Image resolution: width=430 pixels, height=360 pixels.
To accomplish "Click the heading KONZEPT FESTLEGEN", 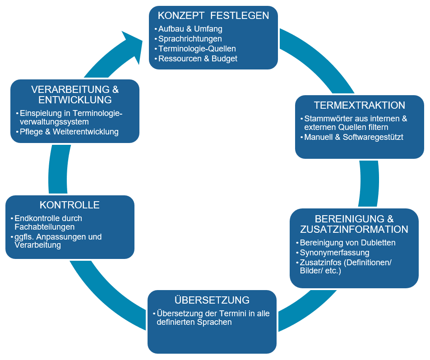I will point(213,16).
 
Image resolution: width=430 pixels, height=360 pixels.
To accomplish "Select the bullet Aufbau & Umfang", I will point(190,29).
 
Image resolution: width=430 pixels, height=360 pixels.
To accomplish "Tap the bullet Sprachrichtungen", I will point(190,39).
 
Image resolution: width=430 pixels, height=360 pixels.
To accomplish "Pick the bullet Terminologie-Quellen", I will point(197,49).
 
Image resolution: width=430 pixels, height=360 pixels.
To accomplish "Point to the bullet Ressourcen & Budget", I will point(198,59).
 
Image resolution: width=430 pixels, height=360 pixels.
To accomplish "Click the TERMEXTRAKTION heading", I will point(360,106).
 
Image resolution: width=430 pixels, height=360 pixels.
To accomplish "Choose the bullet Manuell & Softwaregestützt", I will point(354,137).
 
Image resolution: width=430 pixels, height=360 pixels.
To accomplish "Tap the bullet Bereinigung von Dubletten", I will point(347,243).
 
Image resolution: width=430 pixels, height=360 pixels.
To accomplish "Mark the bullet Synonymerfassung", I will point(334,253).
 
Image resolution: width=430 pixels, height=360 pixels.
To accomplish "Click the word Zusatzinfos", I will point(320,263).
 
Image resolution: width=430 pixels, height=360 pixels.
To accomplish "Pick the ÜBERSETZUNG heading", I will point(212,300).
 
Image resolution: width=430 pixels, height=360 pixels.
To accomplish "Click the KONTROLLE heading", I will point(69,205).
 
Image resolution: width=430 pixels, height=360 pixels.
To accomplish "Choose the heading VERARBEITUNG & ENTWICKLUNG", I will point(75,94).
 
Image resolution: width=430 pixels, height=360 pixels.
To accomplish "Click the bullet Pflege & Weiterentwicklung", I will point(69,132).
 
